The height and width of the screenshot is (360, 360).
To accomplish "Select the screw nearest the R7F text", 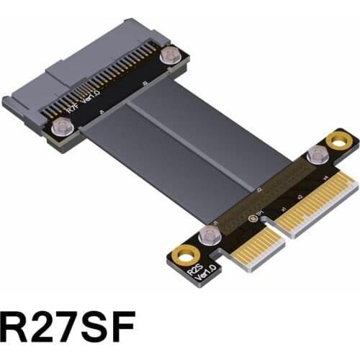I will pyautogui.click(x=60, y=127).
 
